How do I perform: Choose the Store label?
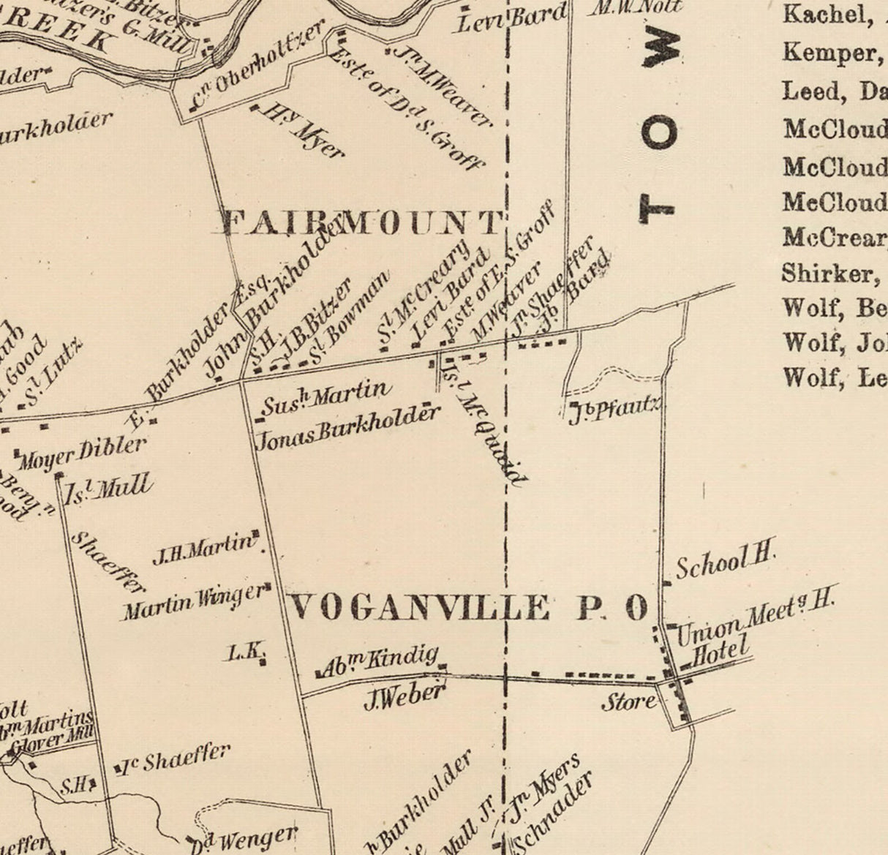[628, 702]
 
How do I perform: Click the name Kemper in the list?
[829, 52]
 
